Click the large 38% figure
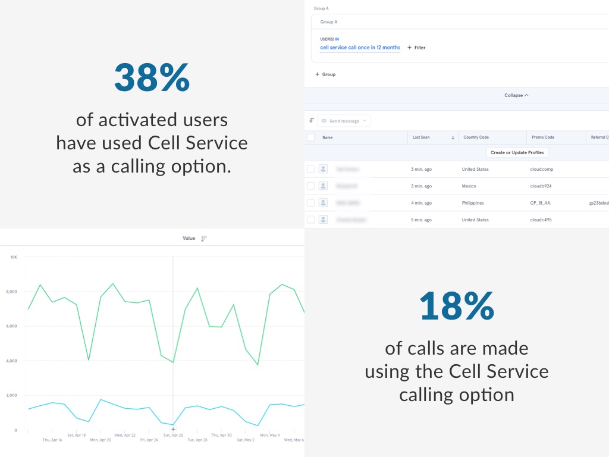[152, 77]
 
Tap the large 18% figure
[456, 306]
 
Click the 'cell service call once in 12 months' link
[360, 48]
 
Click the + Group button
[325, 74]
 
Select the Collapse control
[516, 95]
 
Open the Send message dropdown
[344, 121]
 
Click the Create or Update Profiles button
[517, 153]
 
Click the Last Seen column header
[421, 137]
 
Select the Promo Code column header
[542, 137]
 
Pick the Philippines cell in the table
[473, 203]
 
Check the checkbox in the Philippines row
[310, 203]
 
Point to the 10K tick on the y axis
[14, 257]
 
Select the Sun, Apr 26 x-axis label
[173, 435]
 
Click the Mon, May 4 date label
[269, 435]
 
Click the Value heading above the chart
[189, 238]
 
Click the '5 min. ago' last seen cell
[421, 220]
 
